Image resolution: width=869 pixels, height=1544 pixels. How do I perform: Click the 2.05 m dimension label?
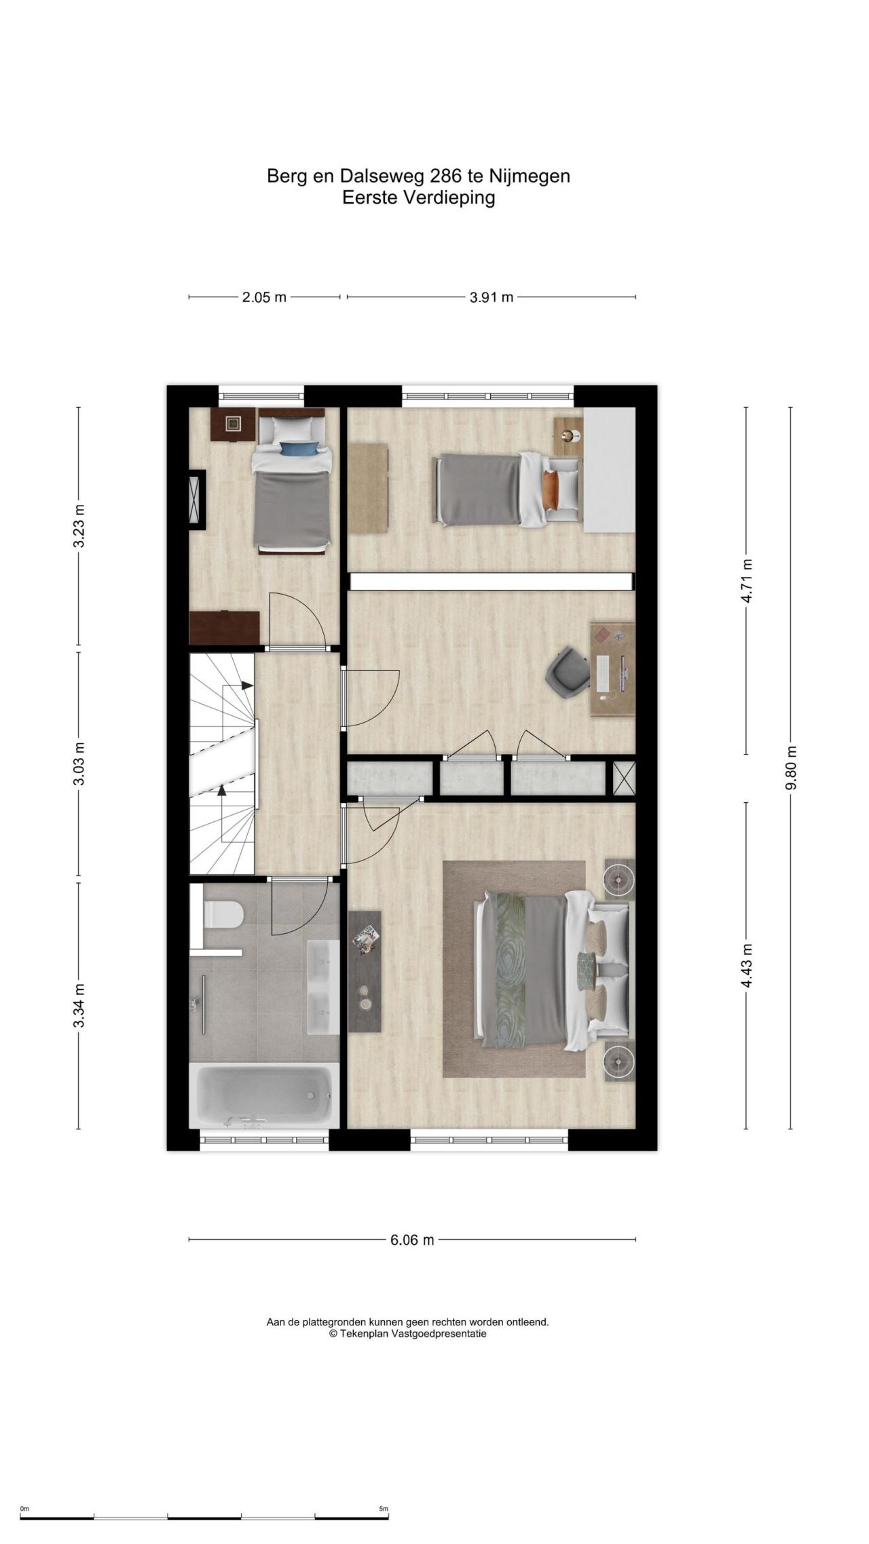264,297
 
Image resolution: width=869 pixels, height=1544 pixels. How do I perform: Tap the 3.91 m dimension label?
492,297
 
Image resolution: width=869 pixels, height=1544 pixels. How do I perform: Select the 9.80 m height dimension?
790,768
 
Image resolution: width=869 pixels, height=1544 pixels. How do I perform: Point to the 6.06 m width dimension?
412,1240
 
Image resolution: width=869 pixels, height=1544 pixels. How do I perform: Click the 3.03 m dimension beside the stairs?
79,764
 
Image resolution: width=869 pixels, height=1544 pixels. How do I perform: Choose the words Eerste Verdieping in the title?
418,198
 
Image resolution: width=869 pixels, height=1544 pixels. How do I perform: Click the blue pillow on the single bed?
299,448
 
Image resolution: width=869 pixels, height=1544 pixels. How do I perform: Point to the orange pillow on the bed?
550,489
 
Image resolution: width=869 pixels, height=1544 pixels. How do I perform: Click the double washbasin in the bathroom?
323,987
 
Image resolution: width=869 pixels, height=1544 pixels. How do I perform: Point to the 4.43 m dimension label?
746,966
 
